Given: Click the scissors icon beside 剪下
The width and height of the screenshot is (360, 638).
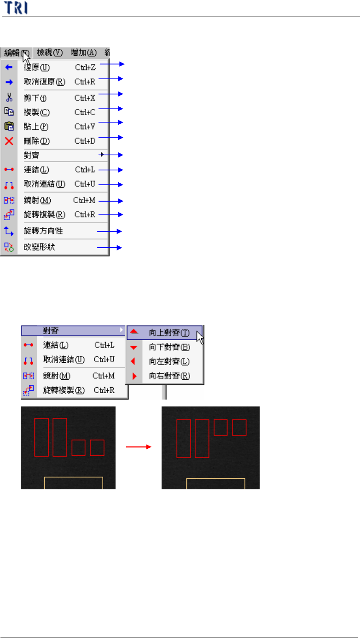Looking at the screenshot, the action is click(9, 98).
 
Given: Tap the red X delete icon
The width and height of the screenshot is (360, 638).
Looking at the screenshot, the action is click(9, 141).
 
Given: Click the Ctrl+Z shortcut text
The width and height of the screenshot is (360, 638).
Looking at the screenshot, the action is click(85, 68).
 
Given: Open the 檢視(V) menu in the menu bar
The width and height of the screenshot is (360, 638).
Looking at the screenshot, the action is click(49, 52).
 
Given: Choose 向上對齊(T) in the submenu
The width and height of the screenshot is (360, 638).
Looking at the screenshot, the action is click(169, 332).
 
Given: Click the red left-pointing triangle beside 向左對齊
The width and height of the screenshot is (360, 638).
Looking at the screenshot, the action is click(133, 361).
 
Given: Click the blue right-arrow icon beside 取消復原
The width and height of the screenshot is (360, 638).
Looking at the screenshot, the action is click(9, 82).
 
